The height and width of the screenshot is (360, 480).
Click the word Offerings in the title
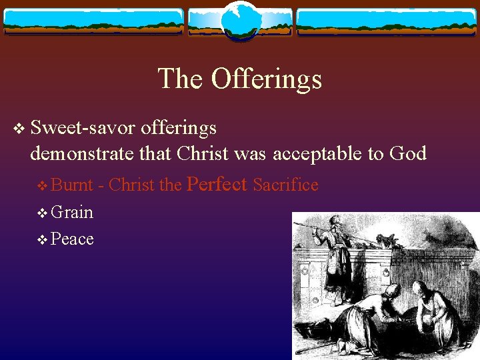(266, 79)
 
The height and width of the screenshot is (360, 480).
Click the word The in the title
(181, 79)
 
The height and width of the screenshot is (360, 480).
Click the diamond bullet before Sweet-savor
(18, 128)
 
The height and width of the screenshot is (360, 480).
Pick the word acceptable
(323, 154)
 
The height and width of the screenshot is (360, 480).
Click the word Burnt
(72, 185)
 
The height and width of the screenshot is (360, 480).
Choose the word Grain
(72, 212)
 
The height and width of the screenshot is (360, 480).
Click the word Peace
(72, 239)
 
